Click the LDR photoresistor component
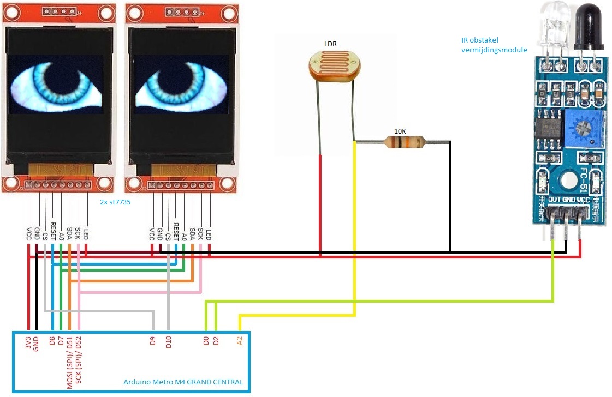pos(335,64)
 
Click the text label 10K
pos(400,131)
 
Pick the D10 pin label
pos(169,343)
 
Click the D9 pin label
pos(153,343)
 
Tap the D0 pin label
pos(206,342)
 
